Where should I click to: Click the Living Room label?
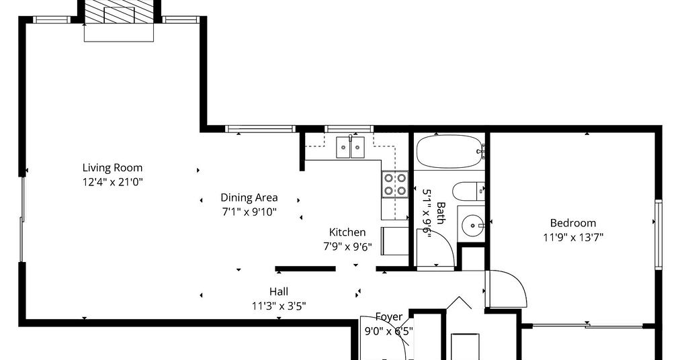tap(112, 167)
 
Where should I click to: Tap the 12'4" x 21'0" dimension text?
tap(113, 182)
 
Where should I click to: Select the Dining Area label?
tap(249, 197)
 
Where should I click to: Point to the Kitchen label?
tap(347, 232)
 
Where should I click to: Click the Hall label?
tap(279, 291)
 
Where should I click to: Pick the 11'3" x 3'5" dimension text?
tap(279, 306)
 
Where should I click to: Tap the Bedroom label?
tap(573, 223)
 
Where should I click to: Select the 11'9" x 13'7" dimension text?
tap(573, 238)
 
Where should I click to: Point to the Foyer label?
tap(389, 316)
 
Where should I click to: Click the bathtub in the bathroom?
tap(449, 152)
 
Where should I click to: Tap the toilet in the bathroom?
tap(468, 191)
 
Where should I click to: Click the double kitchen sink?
tap(350, 147)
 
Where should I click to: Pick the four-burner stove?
tap(395, 185)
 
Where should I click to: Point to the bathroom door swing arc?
tap(443, 240)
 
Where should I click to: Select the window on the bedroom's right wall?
tap(658, 234)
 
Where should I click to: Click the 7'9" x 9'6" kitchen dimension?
tap(347, 247)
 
